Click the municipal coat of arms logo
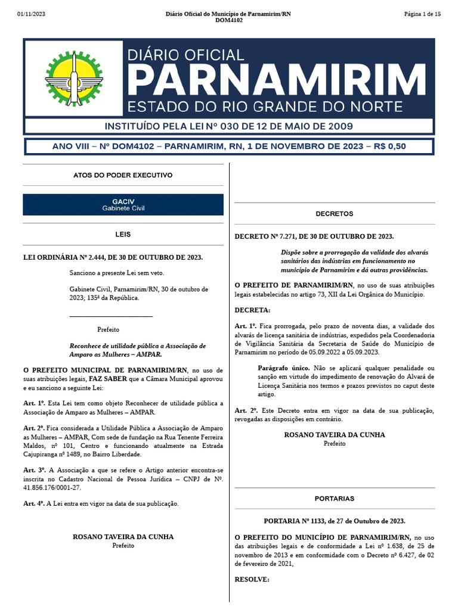coord(73,78)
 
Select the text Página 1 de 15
coord(422,14)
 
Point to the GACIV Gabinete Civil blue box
coord(123,204)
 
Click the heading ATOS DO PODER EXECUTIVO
coord(123,175)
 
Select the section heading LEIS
coord(123,235)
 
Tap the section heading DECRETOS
coord(335,213)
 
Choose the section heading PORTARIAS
coord(335,498)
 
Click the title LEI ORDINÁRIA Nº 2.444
coord(113,257)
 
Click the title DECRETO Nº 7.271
coord(314,236)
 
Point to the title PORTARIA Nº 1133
coord(335,521)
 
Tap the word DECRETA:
coord(252,310)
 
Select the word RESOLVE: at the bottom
coord(252,579)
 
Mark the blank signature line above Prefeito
coord(111,316)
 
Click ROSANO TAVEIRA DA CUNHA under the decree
coord(335,435)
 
